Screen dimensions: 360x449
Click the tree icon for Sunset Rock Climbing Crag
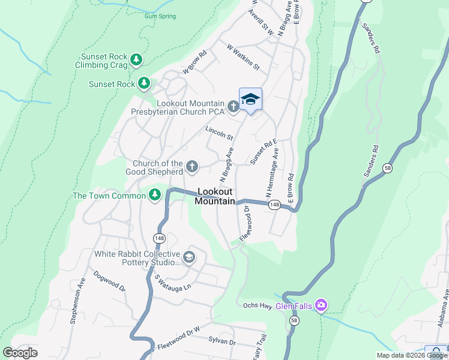(137, 59)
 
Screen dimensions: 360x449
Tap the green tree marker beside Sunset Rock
(144, 83)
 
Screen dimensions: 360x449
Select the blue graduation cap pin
(250, 100)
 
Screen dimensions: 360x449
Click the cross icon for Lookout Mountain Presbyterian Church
(234, 107)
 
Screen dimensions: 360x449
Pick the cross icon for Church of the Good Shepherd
(191, 167)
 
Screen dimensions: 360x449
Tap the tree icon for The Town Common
(155, 195)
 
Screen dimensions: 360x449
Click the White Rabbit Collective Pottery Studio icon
(188, 257)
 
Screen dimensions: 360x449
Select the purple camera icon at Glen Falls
(321, 306)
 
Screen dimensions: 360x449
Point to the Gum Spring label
(160, 16)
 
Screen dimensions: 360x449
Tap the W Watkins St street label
(243, 56)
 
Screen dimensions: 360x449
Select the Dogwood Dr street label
(109, 281)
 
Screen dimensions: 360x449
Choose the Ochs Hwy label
(259, 305)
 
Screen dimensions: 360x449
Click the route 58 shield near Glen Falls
(294, 322)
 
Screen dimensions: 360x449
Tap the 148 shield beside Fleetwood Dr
(274, 205)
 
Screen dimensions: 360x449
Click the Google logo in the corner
(20, 353)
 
